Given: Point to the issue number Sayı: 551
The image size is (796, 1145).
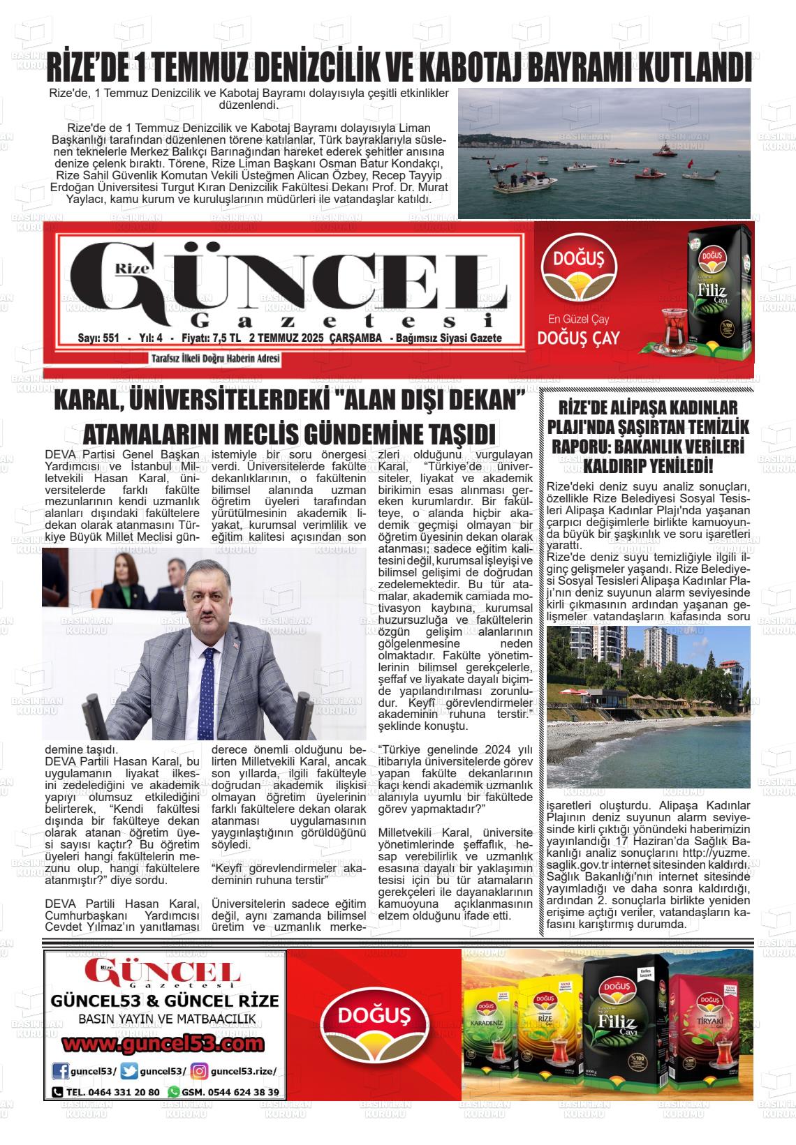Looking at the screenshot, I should [98, 338].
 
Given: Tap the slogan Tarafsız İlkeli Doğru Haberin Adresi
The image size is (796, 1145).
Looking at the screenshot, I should [215, 359].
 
